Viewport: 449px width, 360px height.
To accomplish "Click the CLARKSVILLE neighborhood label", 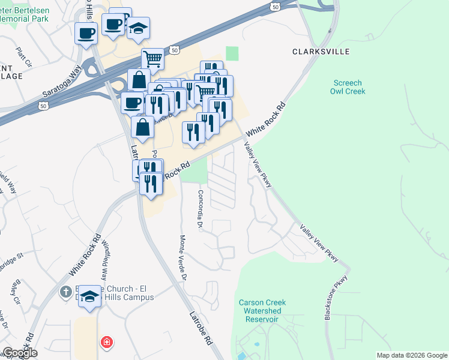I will (321, 52).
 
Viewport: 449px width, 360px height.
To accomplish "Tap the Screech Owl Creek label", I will (348, 87).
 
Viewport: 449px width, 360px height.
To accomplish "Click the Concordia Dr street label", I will (200, 209).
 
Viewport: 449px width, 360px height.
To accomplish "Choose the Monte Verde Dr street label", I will (183, 257).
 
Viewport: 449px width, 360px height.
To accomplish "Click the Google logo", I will (20, 353).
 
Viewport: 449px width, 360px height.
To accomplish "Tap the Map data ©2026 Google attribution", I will (412, 355).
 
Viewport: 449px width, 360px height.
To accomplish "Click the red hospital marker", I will (106, 343).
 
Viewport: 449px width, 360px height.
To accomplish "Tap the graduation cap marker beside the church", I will (90, 296).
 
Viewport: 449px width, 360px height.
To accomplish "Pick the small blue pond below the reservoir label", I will (257, 346).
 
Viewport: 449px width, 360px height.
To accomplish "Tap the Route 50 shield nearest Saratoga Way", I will (43, 106).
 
